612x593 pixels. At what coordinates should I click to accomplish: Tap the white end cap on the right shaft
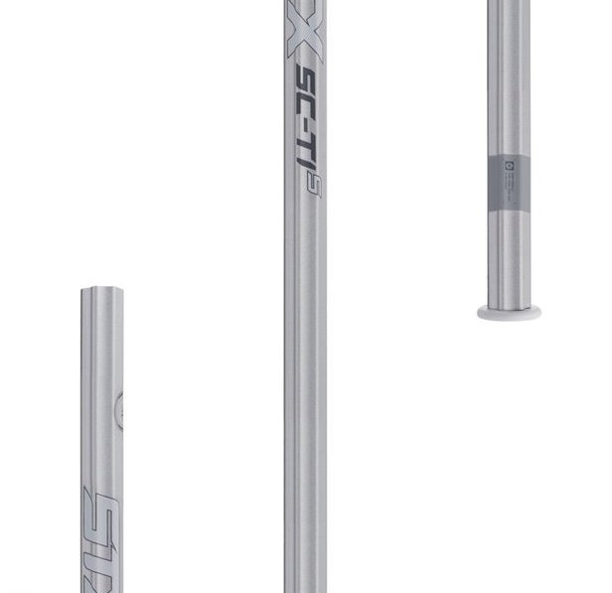[x=509, y=312]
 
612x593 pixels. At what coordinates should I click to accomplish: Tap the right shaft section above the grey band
[x=509, y=79]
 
